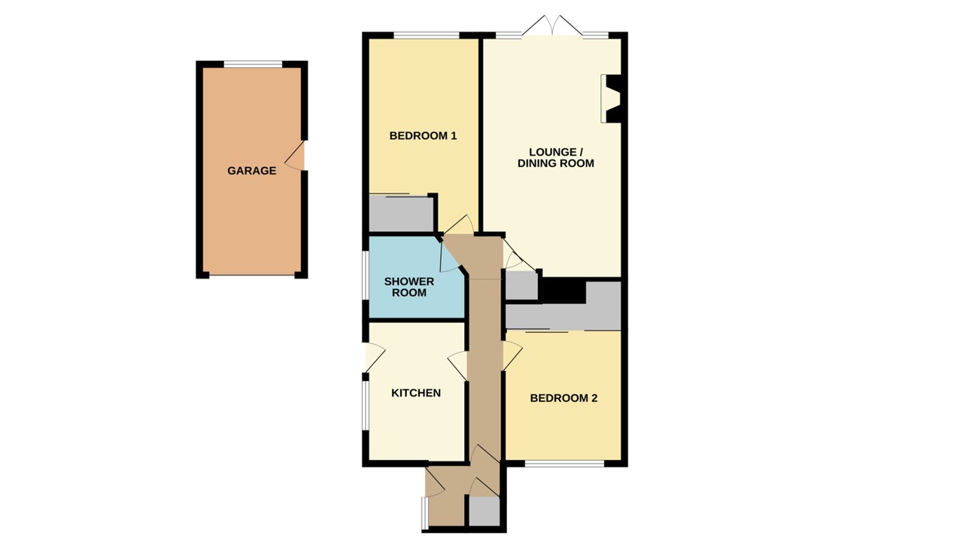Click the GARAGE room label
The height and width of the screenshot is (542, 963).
click(251, 171)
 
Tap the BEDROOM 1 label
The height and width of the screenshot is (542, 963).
click(423, 136)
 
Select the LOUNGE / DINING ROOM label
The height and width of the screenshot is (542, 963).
click(555, 157)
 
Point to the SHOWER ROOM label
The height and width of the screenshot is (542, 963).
click(409, 287)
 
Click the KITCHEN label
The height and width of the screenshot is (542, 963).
click(415, 393)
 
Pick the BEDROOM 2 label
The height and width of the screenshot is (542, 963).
click(564, 398)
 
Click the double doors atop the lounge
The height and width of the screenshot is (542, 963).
click(553, 28)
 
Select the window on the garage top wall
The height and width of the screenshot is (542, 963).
click(253, 64)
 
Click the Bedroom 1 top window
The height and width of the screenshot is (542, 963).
click(426, 35)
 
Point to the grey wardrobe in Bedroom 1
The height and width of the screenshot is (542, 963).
click(401, 214)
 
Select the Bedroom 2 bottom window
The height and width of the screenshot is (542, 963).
click(564, 464)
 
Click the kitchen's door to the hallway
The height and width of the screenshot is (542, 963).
click(458, 367)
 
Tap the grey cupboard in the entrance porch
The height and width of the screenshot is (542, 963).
click(484, 512)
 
